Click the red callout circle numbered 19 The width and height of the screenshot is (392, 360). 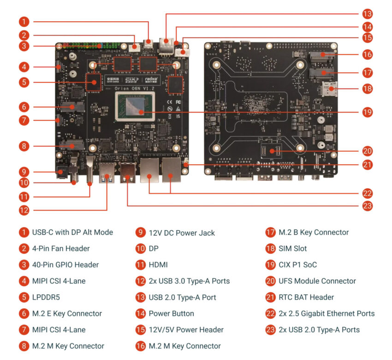click(368, 112)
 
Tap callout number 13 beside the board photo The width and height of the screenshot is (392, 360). click(368, 13)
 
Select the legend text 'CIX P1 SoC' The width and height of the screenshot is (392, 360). click(297, 265)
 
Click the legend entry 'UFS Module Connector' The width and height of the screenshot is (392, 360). click(317, 281)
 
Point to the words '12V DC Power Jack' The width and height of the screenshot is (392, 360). click(182, 233)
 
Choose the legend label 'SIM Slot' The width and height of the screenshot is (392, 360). click(292, 249)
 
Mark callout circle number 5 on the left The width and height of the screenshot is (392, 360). click(24, 83)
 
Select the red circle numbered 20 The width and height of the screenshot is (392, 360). click(368, 151)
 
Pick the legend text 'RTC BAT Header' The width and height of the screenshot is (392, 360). click(306, 297)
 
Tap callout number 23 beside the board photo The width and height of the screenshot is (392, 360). click(368, 206)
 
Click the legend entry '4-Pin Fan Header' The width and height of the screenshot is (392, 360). click(61, 249)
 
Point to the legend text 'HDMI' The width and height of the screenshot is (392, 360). click(158, 265)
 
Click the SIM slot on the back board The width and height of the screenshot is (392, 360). click(331, 88)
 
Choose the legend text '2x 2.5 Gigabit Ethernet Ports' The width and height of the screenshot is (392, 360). click(327, 313)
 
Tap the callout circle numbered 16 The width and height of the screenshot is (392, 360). click(368, 54)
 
